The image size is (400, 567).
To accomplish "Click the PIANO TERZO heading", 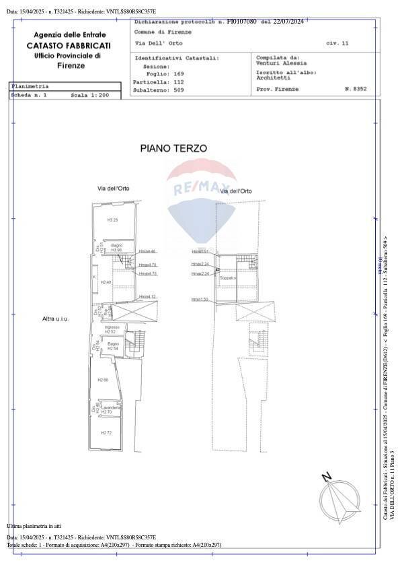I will coord(173,147).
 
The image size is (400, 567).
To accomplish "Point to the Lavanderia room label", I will coord(112,407).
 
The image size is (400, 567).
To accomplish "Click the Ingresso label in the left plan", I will coord(112,327).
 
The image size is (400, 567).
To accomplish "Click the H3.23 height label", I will coord(112,220).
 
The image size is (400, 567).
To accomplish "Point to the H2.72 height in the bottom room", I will coord(106,432).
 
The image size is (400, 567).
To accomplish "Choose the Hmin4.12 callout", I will coord(147,296).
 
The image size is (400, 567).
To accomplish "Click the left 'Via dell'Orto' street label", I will coord(113,189).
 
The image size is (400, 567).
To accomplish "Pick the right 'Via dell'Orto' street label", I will coord(236,191).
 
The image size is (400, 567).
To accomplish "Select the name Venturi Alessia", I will coord(280,63).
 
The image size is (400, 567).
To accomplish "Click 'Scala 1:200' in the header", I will coord(89,96).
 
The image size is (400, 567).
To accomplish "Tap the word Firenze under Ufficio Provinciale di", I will coord(71,65).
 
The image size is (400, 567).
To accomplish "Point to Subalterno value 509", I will coord(179,89).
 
